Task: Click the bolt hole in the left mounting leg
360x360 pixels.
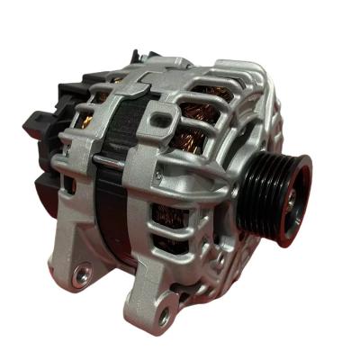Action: pos(82,270)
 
